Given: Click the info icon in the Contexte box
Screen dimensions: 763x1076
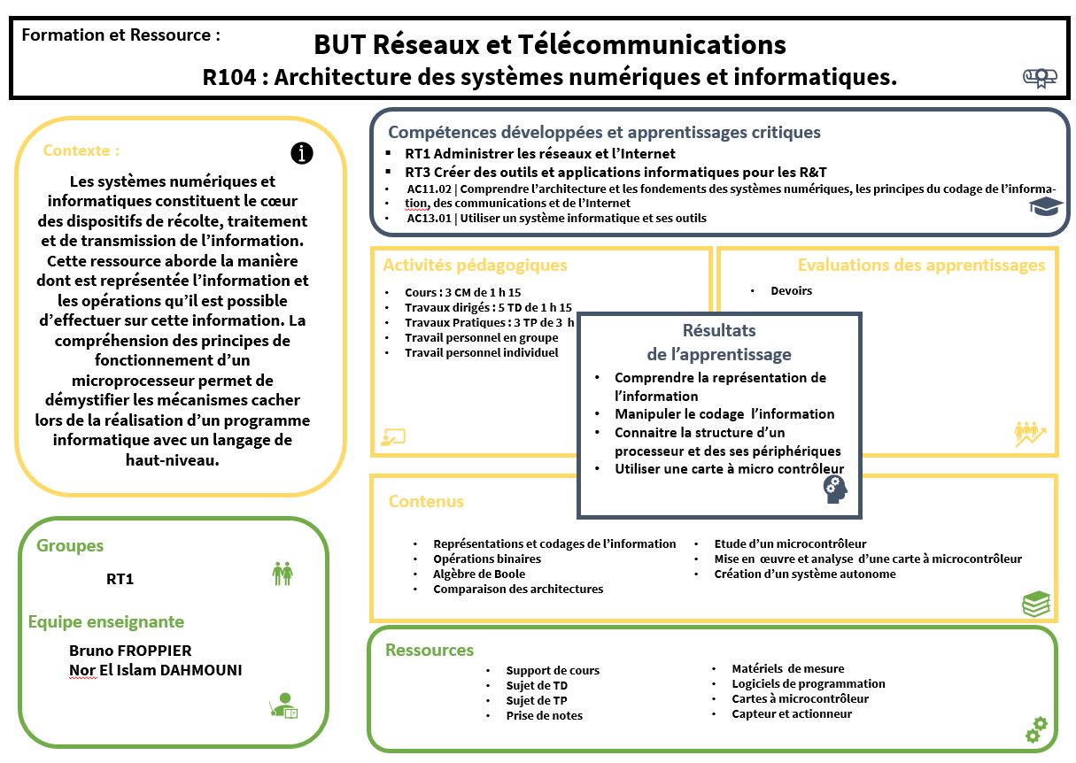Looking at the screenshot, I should [302, 153].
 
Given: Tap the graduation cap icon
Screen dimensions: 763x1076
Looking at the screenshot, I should [1045, 206].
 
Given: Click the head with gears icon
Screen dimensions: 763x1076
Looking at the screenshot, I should [835, 489].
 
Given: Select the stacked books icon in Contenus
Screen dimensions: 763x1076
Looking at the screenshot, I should [1036, 604].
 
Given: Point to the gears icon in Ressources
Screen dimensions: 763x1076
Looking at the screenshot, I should [1036, 729].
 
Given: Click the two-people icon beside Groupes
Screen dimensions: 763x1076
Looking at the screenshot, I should [283, 574].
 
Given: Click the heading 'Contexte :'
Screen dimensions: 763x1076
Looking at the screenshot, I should [81, 150].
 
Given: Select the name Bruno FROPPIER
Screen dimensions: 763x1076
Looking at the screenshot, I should [130, 651].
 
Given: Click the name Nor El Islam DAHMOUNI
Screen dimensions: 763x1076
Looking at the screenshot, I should [156, 670].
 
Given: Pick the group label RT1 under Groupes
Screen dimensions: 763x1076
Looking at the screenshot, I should [120, 580].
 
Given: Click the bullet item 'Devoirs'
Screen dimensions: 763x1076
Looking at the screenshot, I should [791, 290].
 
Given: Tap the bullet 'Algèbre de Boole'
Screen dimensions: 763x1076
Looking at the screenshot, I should [479, 574].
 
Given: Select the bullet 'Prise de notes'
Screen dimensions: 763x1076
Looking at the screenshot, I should [545, 715].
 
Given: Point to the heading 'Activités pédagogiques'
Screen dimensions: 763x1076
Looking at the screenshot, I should [475, 266].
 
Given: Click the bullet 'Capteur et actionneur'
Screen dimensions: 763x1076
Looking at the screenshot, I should [792, 713].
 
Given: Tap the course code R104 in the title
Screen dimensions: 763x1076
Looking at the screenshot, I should [229, 78].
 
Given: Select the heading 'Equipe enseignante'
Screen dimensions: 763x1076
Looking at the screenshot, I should [106, 621].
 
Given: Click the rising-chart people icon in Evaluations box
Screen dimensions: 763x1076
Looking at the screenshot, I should [1030, 434].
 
